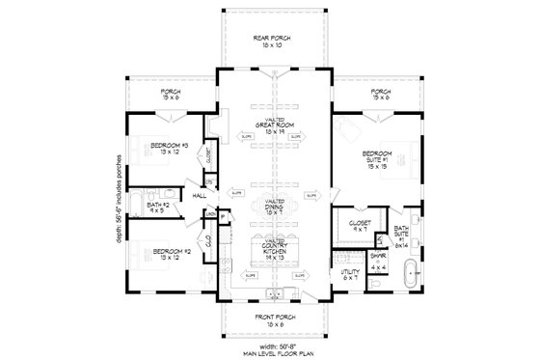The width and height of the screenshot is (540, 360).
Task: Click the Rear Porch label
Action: (x=272, y=42)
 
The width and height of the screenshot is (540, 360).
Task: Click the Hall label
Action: (x=200, y=195)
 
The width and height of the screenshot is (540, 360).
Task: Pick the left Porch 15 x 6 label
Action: (x=171, y=95)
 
